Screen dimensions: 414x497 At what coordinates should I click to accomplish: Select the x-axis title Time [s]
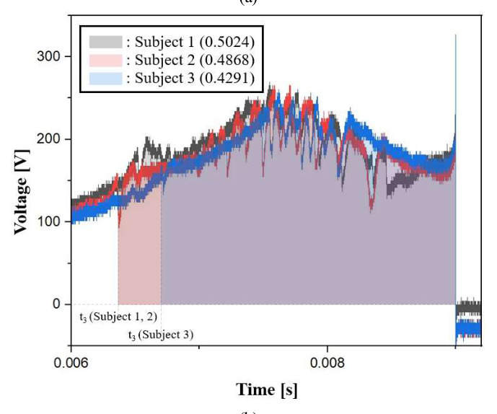pos(265,390)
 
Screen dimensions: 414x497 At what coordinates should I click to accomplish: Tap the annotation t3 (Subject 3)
pos(160,334)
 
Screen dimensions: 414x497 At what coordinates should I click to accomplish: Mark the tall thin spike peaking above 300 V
pos(455,43)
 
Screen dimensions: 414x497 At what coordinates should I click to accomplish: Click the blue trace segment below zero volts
pos(468,329)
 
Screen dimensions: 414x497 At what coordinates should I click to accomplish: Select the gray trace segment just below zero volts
pos(468,307)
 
